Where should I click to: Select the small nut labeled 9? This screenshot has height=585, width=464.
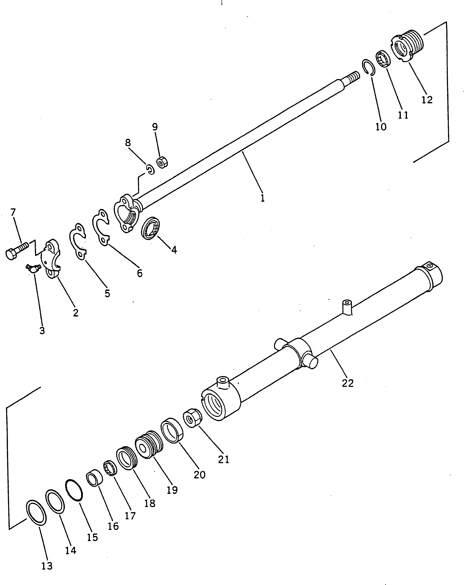tap(162, 163)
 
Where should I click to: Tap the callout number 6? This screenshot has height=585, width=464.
tap(139, 273)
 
